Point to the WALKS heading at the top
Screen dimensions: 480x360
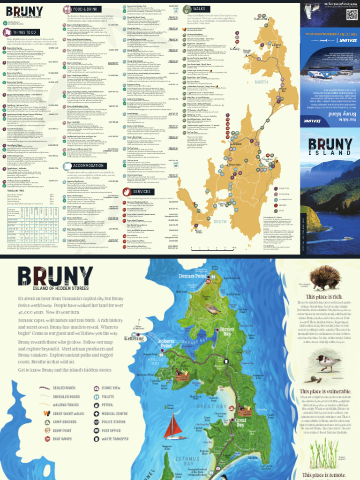click(199, 9)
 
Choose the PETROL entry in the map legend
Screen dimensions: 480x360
click(107, 405)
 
